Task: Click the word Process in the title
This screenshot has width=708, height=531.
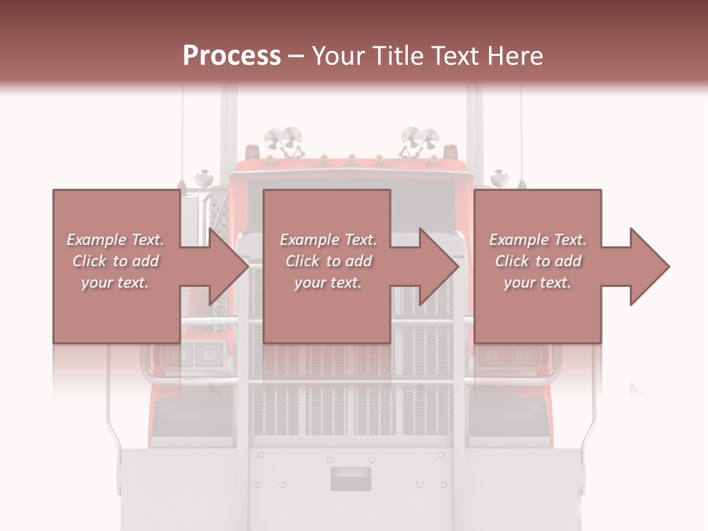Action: click(x=232, y=56)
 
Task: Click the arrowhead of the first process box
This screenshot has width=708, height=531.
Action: click(x=229, y=266)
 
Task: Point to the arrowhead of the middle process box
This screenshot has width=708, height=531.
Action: click(x=440, y=266)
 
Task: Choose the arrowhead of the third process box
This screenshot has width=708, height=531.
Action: click(x=650, y=266)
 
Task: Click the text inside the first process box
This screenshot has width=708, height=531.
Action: click(x=115, y=261)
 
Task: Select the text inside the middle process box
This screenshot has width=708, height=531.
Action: click(x=328, y=261)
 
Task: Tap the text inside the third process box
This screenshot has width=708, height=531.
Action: click(x=538, y=261)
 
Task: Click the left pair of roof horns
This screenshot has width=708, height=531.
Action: click(x=284, y=139)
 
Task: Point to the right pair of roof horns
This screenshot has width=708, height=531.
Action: click(x=420, y=139)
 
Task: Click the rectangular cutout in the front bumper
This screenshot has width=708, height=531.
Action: click(x=351, y=479)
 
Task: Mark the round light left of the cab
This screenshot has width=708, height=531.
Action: click(x=204, y=178)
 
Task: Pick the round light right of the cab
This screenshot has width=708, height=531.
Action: click(x=500, y=178)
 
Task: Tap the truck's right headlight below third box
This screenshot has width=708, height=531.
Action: click(x=513, y=355)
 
